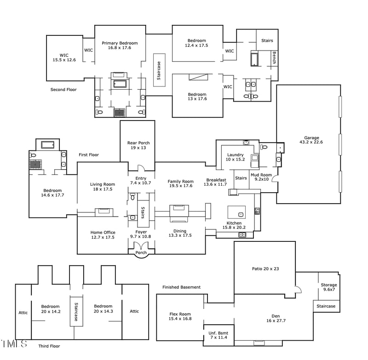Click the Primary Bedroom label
[x=120, y=45]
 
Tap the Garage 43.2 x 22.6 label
[x=311, y=140]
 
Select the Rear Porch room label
[x=138, y=145]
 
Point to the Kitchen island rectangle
[x=236, y=212]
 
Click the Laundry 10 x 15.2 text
[x=235, y=157]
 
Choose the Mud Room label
[x=261, y=177]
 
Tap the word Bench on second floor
[x=274, y=58]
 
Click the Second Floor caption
[x=63, y=90]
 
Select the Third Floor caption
[x=49, y=346]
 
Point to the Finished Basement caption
[x=181, y=287]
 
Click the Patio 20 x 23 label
[x=265, y=269]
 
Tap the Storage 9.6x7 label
[x=328, y=287]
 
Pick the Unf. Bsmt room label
[x=218, y=335]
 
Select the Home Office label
[x=103, y=234]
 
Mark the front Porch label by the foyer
[x=141, y=252]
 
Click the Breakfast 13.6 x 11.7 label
[x=216, y=182]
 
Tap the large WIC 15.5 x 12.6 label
[x=64, y=57]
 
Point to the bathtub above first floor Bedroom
[x=47, y=145]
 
